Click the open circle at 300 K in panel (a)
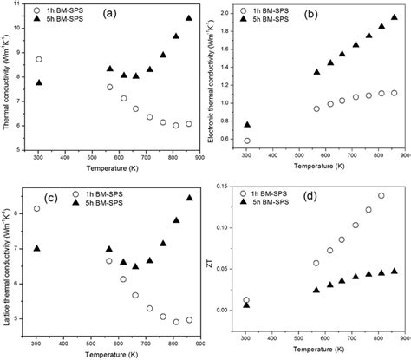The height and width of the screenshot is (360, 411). coord(39,60)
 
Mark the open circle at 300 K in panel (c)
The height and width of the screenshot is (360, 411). coord(36,208)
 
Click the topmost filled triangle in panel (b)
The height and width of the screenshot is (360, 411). coord(395,16)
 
